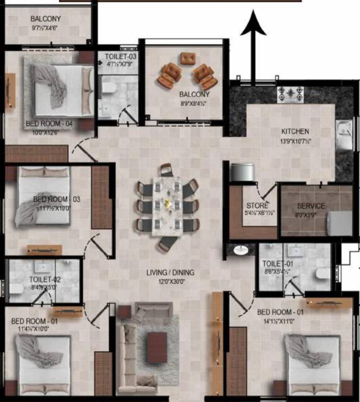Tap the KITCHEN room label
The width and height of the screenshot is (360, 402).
click(295, 131)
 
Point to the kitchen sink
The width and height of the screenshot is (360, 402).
click(344, 131)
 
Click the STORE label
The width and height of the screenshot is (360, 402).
click(257, 205)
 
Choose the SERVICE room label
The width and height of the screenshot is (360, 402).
click(311, 206)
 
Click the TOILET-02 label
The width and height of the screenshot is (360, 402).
click(45, 280)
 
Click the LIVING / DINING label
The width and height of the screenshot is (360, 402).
click(170, 272)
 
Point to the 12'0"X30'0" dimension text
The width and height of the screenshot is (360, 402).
click(170, 281)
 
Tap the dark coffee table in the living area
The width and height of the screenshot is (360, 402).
click(157, 348)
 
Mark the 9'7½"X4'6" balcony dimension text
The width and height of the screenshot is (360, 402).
click(45, 29)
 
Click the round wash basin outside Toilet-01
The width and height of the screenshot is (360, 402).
click(241, 250)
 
